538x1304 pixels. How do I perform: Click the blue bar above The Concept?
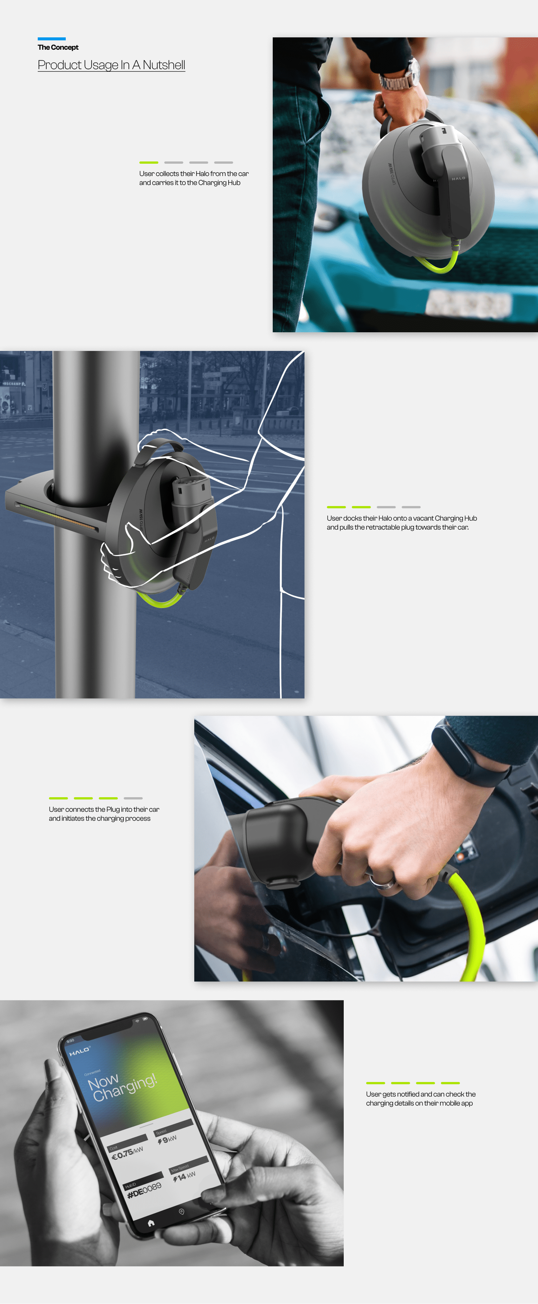coord(51,38)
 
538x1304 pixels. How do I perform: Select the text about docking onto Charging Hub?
coord(401,522)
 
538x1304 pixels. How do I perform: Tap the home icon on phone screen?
coord(150,1223)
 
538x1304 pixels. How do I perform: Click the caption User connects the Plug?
coord(104,814)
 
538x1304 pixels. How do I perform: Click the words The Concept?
coord(58,47)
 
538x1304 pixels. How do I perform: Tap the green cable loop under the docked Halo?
coord(160,602)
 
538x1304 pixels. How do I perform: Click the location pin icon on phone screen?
coord(181,1211)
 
